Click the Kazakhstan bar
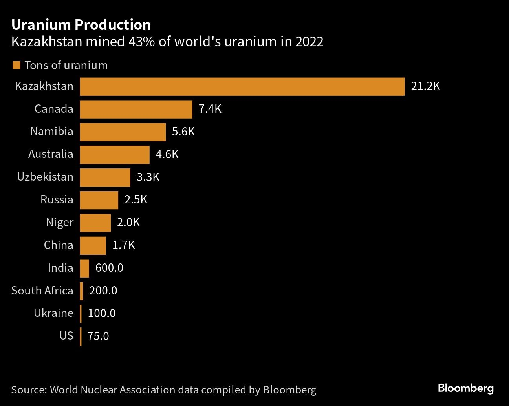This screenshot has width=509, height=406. tap(242, 86)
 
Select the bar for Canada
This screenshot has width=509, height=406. tap(136, 109)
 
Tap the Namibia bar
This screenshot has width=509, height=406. tap(123, 132)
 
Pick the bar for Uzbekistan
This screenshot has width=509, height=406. tap(105, 177)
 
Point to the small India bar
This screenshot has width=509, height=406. tap(84, 268)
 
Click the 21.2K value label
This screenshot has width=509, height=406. tap(425, 86)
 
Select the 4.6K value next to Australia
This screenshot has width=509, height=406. tap(167, 154)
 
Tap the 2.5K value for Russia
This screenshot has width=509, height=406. tap(135, 200)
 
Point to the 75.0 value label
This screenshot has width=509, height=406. tap(98, 336)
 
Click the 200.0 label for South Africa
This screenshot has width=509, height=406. tap(103, 291)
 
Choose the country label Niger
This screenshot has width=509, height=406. tap(60, 223)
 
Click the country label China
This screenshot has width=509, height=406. tap(59, 245)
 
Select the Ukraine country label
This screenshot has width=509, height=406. tap(53, 313)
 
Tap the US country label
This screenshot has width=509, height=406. tap(66, 336)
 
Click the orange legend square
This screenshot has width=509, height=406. tap(16, 65)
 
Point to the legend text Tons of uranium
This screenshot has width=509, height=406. tap(66, 65)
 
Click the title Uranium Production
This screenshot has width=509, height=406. tap(81, 25)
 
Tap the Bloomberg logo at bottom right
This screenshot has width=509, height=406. tap(465, 389)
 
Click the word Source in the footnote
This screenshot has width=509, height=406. tap(29, 390)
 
